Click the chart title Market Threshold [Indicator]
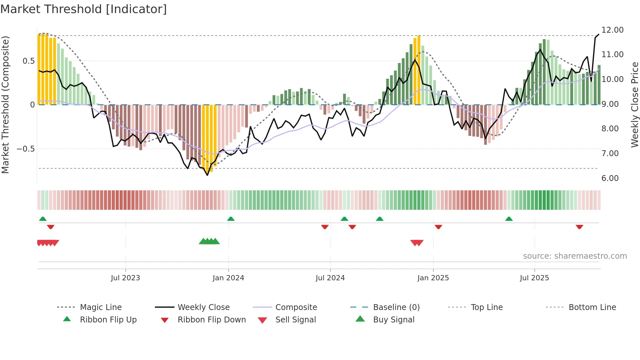[x=84, y=9]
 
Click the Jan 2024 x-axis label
[x=228, y=278]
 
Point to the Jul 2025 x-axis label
[x=534, y=278]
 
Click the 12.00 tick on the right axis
[x=612, y=30]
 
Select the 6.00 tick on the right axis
[x=610, y=178]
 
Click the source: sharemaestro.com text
[x=575, y=256]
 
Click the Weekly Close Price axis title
[x=634, y=105]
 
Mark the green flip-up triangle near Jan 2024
[x=231, y=219]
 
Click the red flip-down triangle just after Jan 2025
[x=438, y=227]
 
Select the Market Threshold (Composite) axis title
[x=5, y=105]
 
